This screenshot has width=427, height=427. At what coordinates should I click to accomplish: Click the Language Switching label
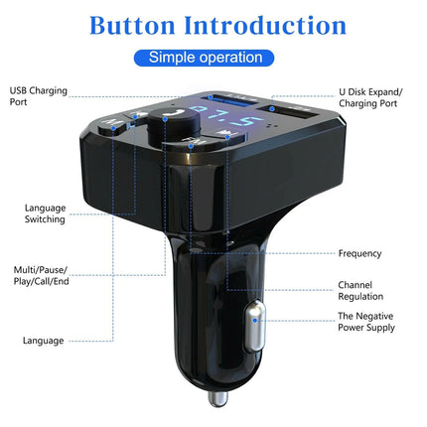coord(46,213)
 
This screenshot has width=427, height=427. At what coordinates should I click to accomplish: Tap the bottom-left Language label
coord(45,341)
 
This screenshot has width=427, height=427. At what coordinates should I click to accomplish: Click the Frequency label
coord(359,253)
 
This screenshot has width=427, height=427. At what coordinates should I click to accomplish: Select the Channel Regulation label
coord(360,290)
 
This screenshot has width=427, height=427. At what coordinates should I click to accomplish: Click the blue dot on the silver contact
coord(257,319)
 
